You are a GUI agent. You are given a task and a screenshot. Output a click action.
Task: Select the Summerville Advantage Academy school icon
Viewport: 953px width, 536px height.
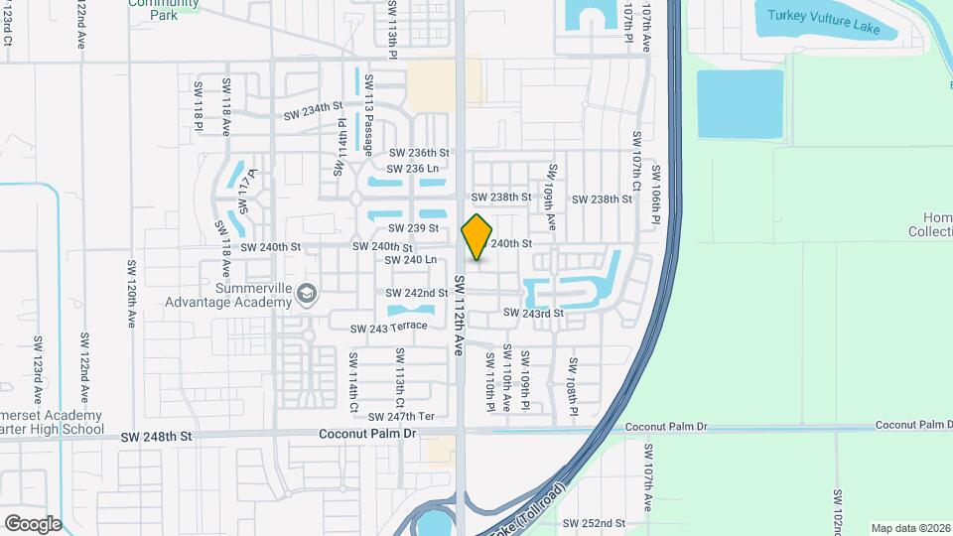308,293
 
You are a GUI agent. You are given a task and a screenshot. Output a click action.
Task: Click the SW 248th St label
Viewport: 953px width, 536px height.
156,436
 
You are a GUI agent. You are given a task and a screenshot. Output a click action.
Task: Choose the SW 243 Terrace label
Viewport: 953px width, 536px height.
388,327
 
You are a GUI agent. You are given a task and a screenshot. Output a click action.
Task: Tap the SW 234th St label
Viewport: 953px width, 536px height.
313,110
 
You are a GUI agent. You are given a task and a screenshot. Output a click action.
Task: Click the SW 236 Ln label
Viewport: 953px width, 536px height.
413,169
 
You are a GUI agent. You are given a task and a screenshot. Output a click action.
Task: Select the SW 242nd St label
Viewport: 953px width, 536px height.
417,293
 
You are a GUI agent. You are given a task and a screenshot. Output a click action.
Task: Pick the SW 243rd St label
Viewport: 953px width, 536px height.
533,313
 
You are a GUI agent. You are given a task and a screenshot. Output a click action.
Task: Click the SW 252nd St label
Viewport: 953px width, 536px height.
594,523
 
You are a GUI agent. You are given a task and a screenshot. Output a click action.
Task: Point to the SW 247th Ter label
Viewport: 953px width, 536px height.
402,417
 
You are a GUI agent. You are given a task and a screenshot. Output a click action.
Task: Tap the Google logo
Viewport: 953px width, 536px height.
33,523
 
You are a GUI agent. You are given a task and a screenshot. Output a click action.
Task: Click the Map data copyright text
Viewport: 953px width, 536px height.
910,528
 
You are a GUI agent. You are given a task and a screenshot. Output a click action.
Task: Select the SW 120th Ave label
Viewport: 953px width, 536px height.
130,295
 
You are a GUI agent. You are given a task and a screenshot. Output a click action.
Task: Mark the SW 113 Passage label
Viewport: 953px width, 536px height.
368,115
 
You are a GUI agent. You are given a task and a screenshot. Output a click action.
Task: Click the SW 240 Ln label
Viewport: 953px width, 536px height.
411,259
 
